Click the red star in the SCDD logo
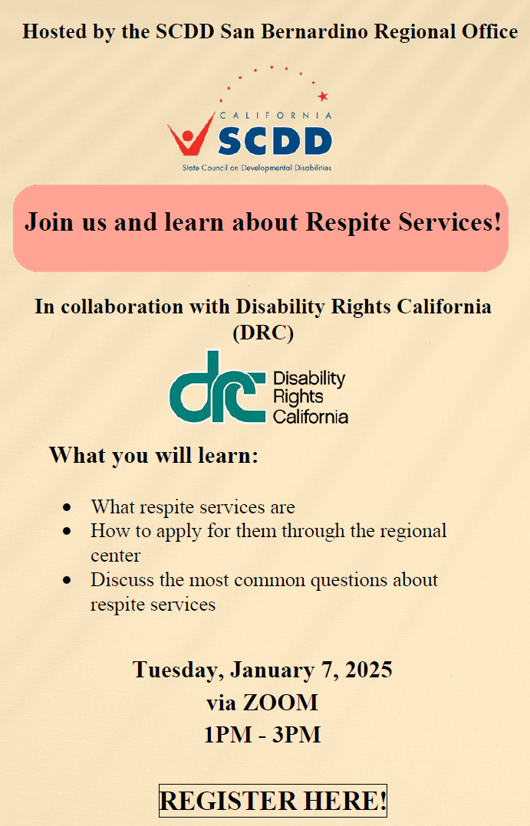click(323, 96)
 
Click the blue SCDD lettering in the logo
click(275, 141)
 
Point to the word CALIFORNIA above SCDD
click(276, 116)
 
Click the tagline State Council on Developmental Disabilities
click(257, 168)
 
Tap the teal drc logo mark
click(217, 387)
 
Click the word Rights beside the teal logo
click(298, 397)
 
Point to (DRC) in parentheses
click(263, 333)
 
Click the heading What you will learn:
click(153, 455)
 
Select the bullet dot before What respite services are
click(67, 507)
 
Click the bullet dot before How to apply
click(67, 531)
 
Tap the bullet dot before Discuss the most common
click(67, 580)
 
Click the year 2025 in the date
click(369, 670)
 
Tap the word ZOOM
click(280, 702)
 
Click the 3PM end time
click(296, 734)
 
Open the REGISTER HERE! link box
click(272, 801)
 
